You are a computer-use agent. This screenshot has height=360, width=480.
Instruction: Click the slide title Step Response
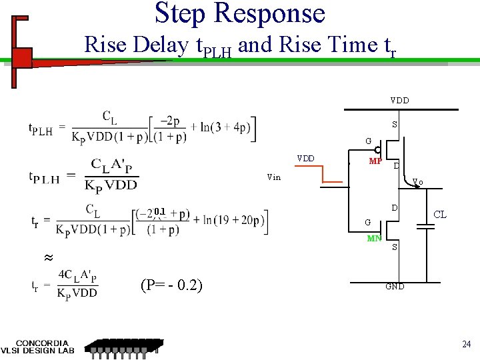[x=240, y=13]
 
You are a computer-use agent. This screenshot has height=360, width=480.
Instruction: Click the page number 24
[x=466, y=344]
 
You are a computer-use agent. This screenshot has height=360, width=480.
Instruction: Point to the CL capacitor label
[x=440, y=215]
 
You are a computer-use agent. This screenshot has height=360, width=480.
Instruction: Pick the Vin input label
[x=273, y=177]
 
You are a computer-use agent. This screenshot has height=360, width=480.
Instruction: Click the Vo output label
[x=417, y=181]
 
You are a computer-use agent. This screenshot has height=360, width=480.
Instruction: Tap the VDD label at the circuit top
[x=400, y=101]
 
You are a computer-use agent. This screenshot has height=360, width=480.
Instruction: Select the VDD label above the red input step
[x=306, y=159]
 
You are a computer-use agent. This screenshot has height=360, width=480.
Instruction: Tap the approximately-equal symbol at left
[x=47, y=257]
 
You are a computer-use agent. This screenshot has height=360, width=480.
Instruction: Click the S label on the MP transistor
[x=395, y=125]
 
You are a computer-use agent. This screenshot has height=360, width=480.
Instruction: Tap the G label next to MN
[x=367, y=222]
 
